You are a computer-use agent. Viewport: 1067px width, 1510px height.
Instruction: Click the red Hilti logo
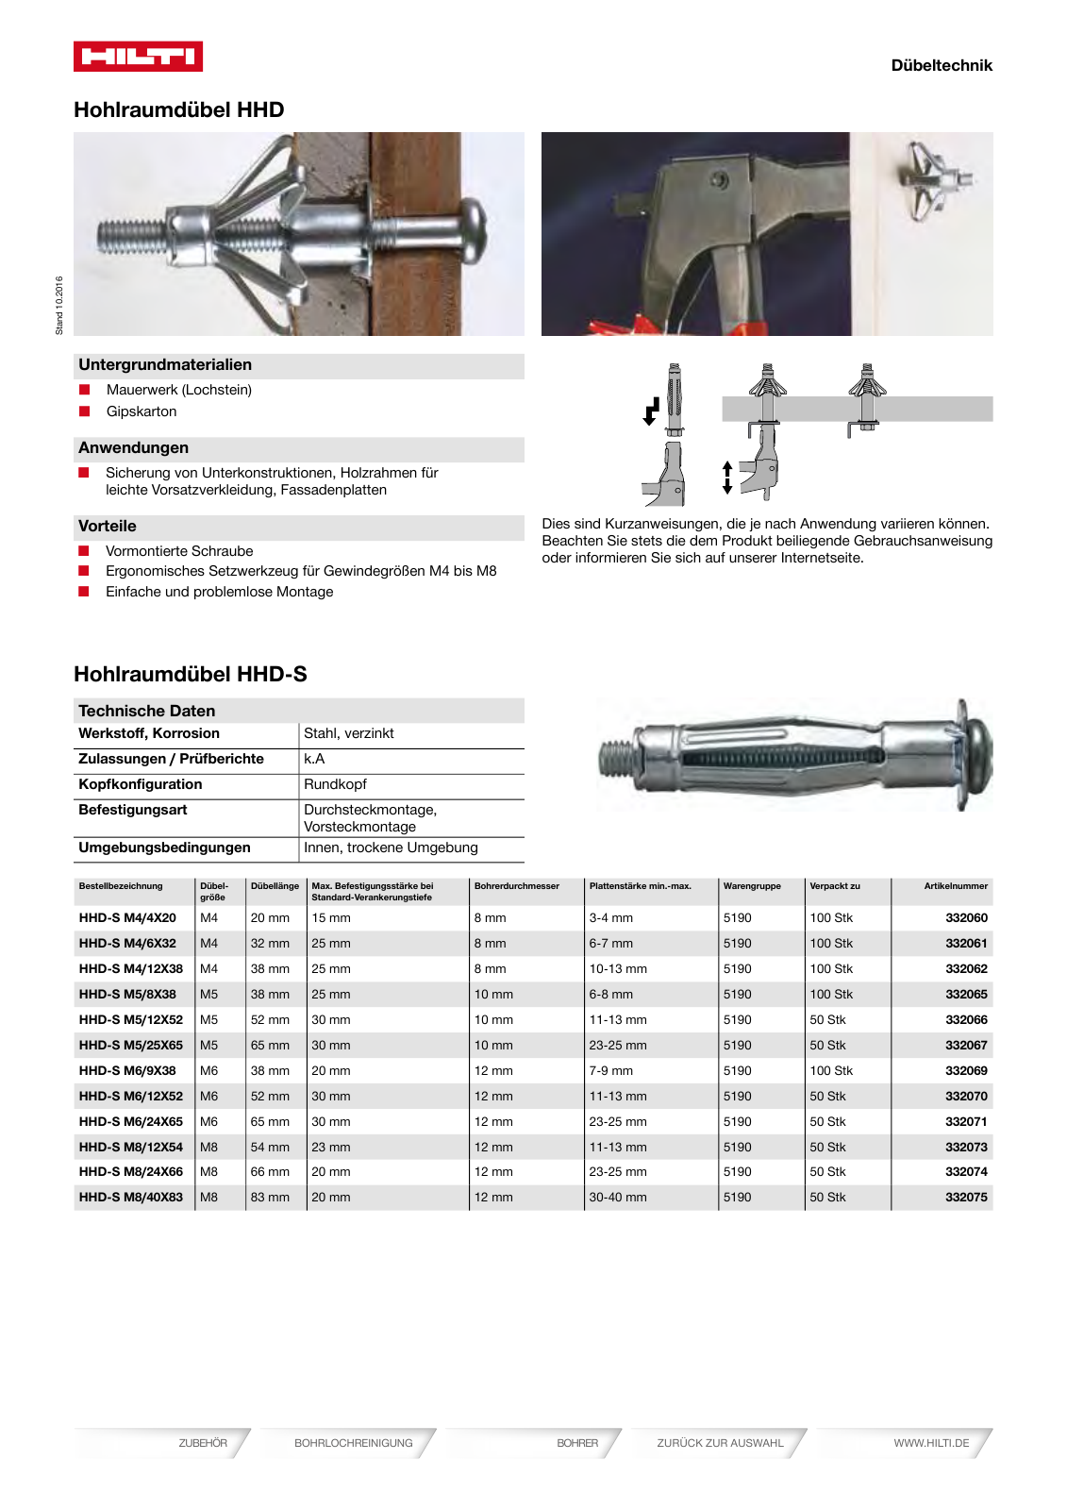[138, 57]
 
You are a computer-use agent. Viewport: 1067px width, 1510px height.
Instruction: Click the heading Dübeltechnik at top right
[941, 65]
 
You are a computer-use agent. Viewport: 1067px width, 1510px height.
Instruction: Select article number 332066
[966, 1019]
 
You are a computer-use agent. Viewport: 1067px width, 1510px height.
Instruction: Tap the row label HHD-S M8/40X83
[131, 1197]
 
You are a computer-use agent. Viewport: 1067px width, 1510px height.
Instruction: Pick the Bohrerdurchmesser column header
[516, 886]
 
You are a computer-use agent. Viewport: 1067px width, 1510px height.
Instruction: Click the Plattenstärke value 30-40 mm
[618, 1197]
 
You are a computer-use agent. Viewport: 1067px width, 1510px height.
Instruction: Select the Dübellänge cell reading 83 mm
[270, 1197]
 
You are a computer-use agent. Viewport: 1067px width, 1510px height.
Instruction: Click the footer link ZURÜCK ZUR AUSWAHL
[720, 1443]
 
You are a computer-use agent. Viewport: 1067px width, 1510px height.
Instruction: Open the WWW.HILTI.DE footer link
[930, 1443]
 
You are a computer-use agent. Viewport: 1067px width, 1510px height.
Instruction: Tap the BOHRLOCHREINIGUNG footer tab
[353, 1443]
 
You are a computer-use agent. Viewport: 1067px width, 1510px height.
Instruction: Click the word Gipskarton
[142, 411]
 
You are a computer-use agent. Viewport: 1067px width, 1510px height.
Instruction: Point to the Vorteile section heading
[108, 526]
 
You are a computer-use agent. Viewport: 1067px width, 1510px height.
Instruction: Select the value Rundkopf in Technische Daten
[335, 784]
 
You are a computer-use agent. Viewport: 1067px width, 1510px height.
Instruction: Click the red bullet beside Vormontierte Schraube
[84, 551]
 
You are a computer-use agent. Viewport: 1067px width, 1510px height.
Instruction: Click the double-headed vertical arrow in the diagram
[726, 478]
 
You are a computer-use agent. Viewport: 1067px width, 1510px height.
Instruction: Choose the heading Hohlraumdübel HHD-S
[191, 674]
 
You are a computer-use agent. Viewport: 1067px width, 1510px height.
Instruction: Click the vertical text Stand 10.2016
[59, 305]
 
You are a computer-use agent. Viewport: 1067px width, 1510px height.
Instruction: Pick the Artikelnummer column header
[955, 886]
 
